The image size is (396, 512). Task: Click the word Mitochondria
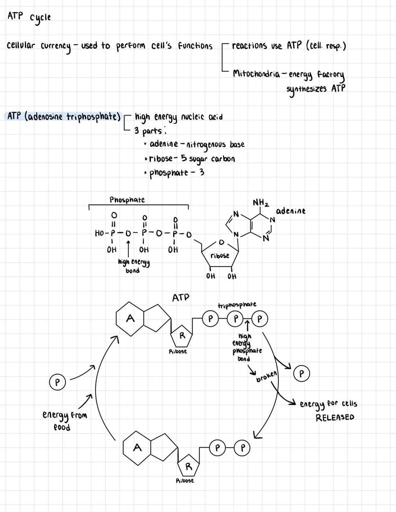click(x=256, y=73)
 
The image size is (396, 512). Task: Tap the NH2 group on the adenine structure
click(x=261, y=203)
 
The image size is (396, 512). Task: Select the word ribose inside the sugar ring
click(x=220, y=256)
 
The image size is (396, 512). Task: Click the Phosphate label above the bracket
click(x=127, y=200)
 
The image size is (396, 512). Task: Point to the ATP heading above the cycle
click(x=181, y=297)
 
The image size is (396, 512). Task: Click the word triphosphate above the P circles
click(x=237, y=305)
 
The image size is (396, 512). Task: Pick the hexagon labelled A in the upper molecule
click(x=130, y=319)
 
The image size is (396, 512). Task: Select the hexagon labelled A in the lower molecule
click(x=137, y=447)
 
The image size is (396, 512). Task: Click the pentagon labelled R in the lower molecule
click(x=188, y=467)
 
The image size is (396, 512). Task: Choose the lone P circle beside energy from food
click(x=57, y=382)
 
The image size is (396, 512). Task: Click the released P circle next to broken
click(x=301, y=374)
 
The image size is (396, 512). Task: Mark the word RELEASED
click(x=335, y=417)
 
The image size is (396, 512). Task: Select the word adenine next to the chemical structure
click(x=290, y=211)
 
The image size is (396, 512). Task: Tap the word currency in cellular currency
click(x=55, y=47)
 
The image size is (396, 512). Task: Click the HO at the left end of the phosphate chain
click(x=99, y=233)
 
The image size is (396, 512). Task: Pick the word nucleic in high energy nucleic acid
click(x=193, y=117)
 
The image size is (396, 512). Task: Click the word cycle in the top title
click(x=40, y=18)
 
